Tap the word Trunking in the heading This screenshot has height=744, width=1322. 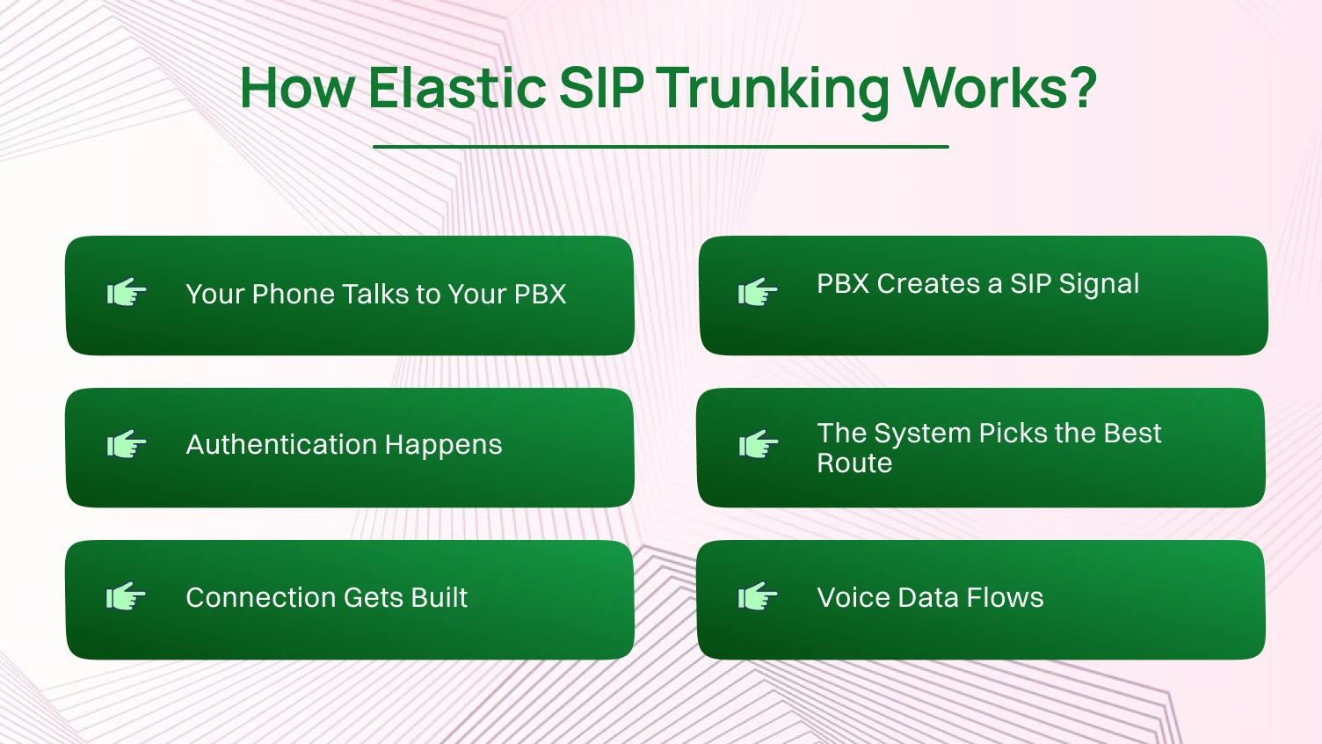click(x=773, y=90)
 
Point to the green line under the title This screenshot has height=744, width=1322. click(x=660, y=147)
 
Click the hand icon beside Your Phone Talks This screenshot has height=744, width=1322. click(x=127, y=293)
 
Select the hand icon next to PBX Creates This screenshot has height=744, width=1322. click(x=758, y=292)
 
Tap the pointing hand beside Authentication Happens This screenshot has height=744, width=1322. click(x=127, y=445)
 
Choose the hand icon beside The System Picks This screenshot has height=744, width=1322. click(x=758, y=445)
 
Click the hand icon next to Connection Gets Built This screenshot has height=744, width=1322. click(x=127, y=597)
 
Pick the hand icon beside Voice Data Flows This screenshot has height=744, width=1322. click(x=758, y=597)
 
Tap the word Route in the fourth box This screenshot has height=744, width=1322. click(x=854, y=463)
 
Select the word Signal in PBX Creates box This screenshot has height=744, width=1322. click(x=1099, y=285)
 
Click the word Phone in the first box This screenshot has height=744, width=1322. click(x=293, y=294)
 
